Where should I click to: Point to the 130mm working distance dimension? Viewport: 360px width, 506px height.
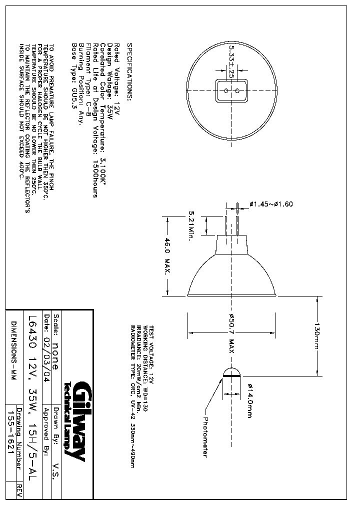click(317, 335)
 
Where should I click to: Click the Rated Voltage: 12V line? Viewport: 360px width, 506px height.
click(116, 80)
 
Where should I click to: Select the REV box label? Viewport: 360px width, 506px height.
click(19, 489)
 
